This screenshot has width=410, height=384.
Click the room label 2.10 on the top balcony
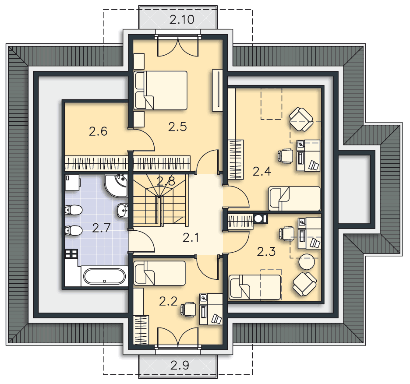(182, 20)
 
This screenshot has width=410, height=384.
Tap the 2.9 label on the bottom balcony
(180, 365)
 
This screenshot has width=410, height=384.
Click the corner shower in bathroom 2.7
(116, 186)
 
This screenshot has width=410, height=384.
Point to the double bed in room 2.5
(160, 90)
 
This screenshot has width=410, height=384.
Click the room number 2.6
(98, 131)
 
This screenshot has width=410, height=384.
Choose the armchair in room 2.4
(301, 120)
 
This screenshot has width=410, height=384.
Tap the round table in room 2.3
(307, 261)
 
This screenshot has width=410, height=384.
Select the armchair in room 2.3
(304, 284)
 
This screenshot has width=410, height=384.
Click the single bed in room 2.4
(294, 198)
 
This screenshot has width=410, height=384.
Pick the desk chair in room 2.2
(188, 310)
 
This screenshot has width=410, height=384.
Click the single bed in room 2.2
(159, 273)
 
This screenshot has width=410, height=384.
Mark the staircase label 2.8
(166, 181)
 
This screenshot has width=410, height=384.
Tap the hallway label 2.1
(191, 238)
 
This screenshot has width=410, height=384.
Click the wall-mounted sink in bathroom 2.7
(122, 210)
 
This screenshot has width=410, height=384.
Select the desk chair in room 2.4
(285, 156)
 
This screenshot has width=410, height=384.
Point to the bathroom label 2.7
(102, 228)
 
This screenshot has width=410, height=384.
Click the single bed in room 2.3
(255, 287)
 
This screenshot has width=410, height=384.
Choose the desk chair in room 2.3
(287, 234)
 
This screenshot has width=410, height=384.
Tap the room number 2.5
(177, 127)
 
